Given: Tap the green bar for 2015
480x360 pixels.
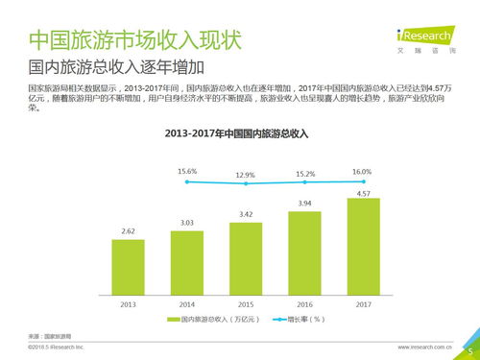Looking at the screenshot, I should point(246,255).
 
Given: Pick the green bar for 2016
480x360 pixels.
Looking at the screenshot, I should point(304,250).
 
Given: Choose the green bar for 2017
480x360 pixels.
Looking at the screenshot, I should point(363,244).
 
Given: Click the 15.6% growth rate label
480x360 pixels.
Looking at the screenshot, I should point(187,171).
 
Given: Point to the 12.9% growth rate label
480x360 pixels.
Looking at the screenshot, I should point(246,176).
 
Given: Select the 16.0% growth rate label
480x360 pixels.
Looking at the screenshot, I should point(362,171).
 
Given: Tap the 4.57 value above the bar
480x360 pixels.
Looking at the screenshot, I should point(363,193).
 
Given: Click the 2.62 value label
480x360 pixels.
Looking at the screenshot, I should point(128,231).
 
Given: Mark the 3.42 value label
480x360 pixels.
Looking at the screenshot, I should point(246,213).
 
